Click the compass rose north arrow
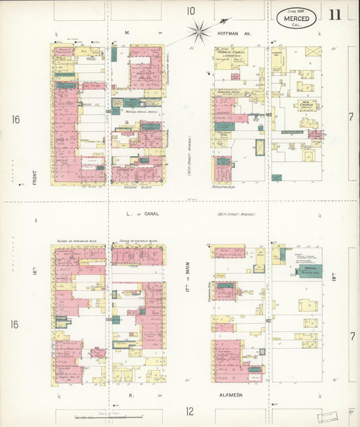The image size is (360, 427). (201, 28)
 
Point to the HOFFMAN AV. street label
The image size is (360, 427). (234, 32)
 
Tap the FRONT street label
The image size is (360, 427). (32, 166)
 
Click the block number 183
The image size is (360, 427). (267, 115)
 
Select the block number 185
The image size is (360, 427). (108, 110)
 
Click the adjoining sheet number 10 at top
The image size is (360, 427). (191, 10)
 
